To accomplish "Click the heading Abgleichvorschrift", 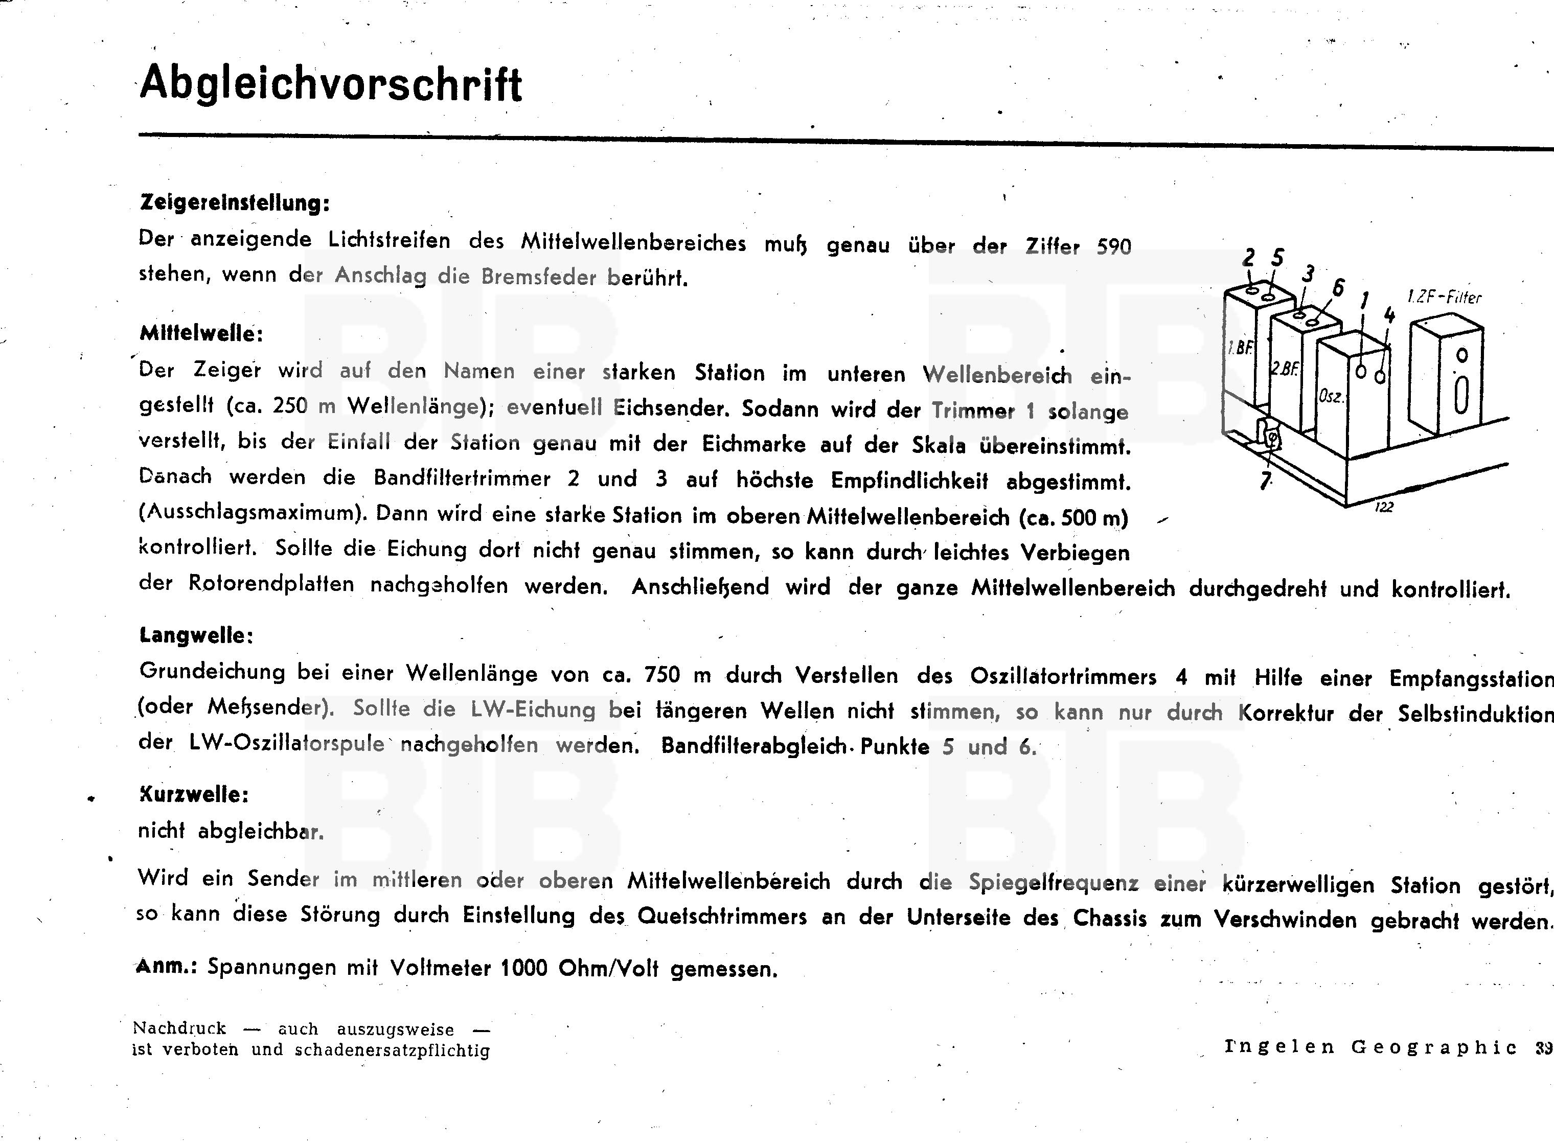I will [331, 84].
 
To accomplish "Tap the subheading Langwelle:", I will [196, 635].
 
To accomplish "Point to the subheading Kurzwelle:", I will [194, 794].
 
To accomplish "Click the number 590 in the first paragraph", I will [1113, 247].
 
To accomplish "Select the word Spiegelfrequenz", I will [1053, 882].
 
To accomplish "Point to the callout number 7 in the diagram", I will [1265, 479].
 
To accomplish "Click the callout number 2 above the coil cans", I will [1248, 258].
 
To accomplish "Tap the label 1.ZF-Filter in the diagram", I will [1444, 297].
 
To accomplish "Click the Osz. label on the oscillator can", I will [1331, 397].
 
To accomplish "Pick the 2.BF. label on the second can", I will [1284, 369].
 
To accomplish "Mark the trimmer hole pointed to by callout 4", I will [1380, 377].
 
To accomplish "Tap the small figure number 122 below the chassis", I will [1383, 507].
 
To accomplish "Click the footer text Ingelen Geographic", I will [1370, 1047].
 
